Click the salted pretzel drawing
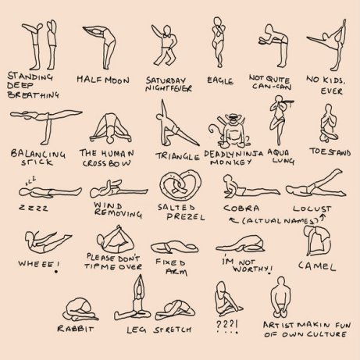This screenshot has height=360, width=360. click(180, 185)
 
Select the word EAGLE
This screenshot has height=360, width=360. click(220, 80)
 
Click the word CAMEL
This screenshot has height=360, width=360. click(317, 266)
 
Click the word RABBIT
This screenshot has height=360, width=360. click(75, 329)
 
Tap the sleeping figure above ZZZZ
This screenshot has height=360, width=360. click(50, 191)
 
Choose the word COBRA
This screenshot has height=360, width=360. click(241, 209)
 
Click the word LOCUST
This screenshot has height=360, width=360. click(312, 209)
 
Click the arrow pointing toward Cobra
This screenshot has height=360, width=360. click(233, 220)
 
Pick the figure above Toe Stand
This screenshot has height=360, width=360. click(329, 123)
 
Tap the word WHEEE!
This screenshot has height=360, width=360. click(39, 264)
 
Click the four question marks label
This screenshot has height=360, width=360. click(226, 325)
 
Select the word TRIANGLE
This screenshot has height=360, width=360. click(177, 157)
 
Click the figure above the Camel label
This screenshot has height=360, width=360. click(317, 241)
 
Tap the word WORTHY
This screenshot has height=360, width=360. click(251, 269)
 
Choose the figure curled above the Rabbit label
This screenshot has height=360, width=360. click(80, 310)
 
